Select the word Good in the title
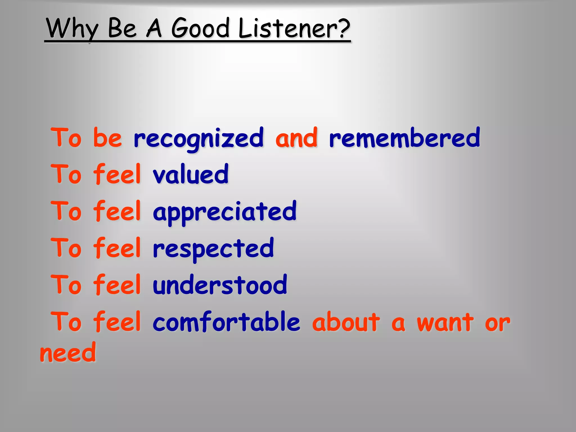pos(200,28)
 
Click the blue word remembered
pos(404,138)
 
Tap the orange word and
pos(296,138)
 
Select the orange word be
pos(107,138)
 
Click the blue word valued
pos(191,174)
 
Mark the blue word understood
pos(220,285)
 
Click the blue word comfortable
pos(226,322)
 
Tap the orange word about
pos(346,322)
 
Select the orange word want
pos(445,322)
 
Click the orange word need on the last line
pos(68,353)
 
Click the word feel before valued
pos(117,174)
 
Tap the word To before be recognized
pos(66,138)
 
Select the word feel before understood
pos(117,285)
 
